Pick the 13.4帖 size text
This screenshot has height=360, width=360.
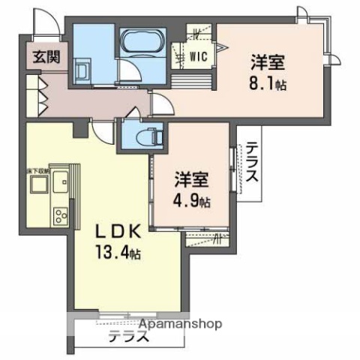(114, 253)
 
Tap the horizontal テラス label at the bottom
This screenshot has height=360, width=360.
(127, 337)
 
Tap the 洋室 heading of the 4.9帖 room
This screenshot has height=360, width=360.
(192, 181)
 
